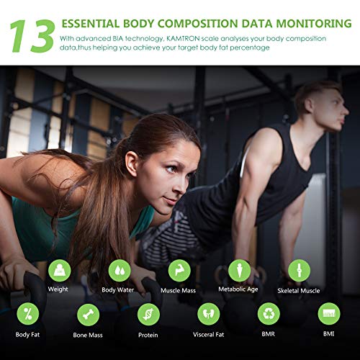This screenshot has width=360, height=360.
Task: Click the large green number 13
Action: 32,36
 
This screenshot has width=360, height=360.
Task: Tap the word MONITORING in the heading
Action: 314,24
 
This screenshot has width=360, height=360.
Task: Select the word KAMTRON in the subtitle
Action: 183,38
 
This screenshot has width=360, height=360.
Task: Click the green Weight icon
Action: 59,271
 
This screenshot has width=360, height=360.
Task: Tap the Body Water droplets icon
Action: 120,271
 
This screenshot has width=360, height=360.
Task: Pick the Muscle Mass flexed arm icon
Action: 179,271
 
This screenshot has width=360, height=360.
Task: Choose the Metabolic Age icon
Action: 239,271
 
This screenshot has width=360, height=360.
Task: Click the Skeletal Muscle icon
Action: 299,271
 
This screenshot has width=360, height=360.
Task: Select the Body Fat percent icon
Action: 28,314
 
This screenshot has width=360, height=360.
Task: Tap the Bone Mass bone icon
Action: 89,315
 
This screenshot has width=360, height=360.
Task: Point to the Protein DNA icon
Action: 149,315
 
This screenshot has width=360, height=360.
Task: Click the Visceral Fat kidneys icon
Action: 209,314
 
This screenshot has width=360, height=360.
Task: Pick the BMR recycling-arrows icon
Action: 269,314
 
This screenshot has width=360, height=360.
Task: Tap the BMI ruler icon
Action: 329,314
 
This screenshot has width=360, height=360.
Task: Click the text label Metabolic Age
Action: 238,289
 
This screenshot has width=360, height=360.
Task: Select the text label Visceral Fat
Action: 209,335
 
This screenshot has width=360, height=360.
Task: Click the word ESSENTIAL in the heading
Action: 90,24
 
